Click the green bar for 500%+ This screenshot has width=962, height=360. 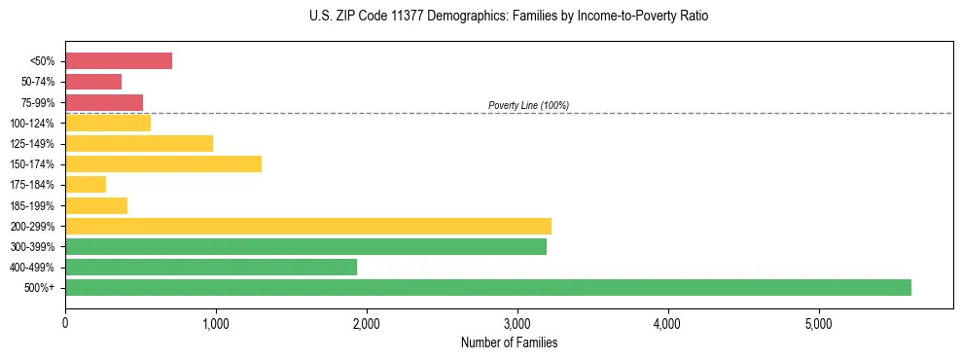(487, 287)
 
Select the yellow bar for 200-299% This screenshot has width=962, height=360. (307, 226)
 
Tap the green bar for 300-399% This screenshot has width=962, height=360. (305, 246)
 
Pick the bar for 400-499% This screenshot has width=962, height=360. (211, 267)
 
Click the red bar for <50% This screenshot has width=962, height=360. (119, 61)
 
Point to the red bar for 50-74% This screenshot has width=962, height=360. (93, 82)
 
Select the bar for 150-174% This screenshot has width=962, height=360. (163, 164)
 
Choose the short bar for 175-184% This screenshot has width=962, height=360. (86, 185)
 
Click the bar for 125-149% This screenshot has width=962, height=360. (139, 144)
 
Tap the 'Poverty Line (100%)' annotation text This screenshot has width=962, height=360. (528, 105)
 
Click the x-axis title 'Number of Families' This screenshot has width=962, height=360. (509, 342)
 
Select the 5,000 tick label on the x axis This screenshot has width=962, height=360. (819, 324)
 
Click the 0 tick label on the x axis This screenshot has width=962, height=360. (65, 324)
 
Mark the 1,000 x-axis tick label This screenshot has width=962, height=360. (216, 324)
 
